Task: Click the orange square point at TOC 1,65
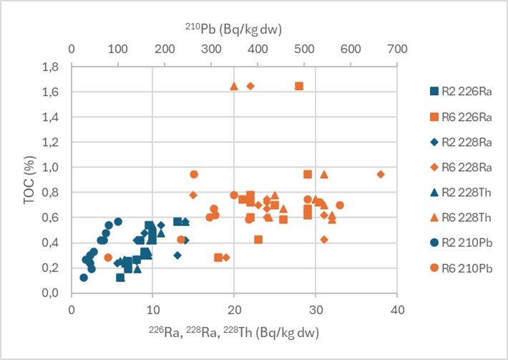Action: [299, 86]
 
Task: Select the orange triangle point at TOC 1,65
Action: [234, 86]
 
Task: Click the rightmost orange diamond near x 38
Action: [381, 174]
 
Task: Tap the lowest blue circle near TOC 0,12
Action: [84, 278]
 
